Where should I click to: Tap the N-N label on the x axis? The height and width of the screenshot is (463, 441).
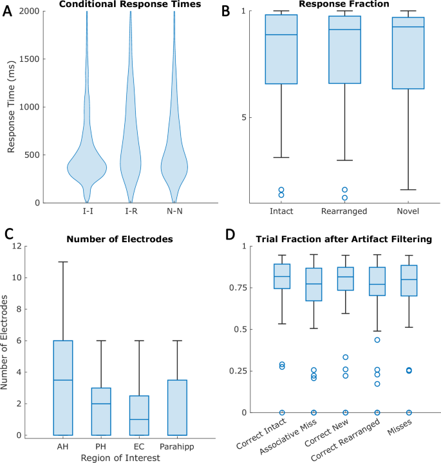174,212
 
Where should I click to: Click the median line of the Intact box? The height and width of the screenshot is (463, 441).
281,35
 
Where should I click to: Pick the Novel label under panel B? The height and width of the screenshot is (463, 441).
408,212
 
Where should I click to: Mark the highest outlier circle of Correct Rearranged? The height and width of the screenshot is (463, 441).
377,339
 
